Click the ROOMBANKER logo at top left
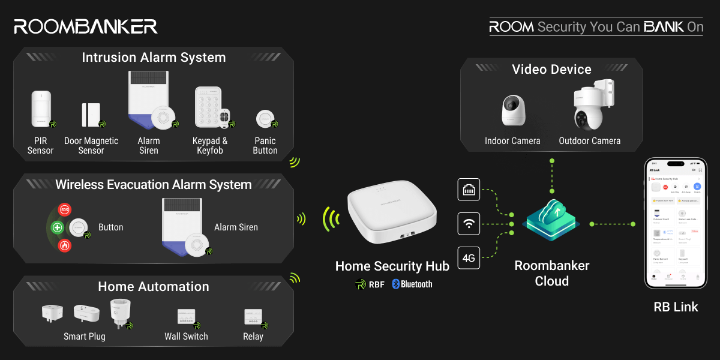(86, 26)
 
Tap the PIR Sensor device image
(41, 109)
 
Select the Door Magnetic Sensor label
(91, 145)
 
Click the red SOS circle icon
(65, 210)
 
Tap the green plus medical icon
(58, 227)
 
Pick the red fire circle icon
(65, 245)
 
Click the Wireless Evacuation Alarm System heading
(154, 185)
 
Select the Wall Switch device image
(187, 317)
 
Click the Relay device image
(253, 317)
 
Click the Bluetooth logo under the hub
(412, 284)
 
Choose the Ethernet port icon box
(469, 190)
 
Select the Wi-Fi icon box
(469, 224)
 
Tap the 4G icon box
(469, 259)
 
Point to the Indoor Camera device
(514, 110)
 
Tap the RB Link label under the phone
(676, 307)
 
